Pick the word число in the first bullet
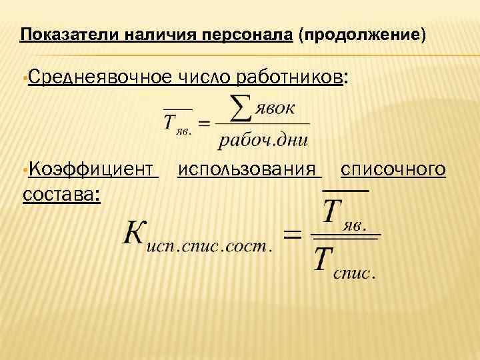tap(204, 78)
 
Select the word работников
tap(290, 78)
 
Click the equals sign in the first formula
tap(204, 124)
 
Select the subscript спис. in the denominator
tap(355, 273)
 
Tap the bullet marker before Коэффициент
tap(25, 171)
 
